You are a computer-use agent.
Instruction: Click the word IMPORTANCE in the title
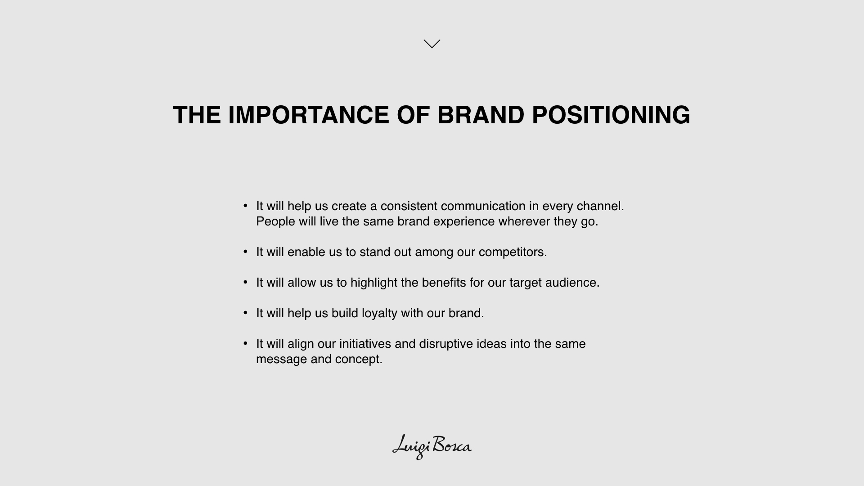tap(309, 115)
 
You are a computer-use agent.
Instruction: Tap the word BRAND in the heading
tap(481, 115)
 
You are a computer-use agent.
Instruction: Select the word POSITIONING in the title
tap(611, 115)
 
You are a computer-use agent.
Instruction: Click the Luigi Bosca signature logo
tap(432, 447)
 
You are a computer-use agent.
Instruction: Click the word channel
tap(600, 206)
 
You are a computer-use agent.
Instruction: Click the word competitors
tap(513, 252)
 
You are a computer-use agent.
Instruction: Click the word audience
tap(572, 283)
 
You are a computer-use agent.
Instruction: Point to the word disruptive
tap(446, 344)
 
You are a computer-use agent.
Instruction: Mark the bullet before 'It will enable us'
tap(245, 251)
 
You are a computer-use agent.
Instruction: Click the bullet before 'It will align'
tap(245, 343)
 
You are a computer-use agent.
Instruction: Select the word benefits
tap(444, 283)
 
